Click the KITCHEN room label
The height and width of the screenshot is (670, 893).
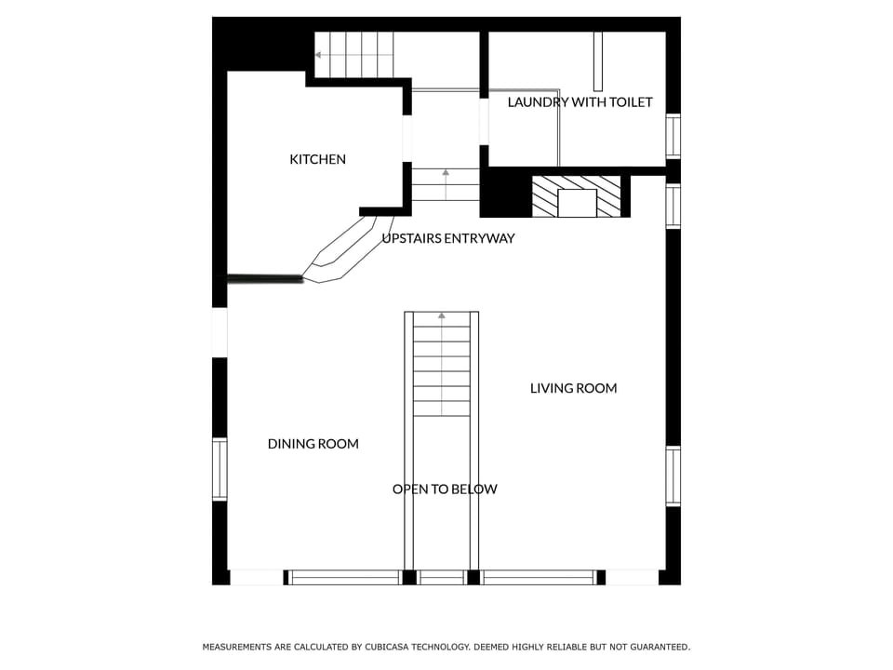[317, 159]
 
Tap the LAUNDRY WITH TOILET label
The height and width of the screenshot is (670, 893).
[580, 102]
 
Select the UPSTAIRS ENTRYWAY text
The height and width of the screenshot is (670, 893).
[447, 238]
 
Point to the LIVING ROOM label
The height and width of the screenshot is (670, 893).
[573, 388]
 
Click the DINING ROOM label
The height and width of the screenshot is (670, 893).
[313, 444]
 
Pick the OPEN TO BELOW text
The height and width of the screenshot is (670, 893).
[444, 489]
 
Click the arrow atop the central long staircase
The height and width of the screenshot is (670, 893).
[442, 316]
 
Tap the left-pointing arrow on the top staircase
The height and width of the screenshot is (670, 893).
[319, 54]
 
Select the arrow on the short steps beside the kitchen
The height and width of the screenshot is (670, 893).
[446, 172]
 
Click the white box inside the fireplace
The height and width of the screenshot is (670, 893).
[578, 203]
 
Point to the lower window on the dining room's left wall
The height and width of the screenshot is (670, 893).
[220, 469]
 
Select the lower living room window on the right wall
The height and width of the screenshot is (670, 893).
[673, 476]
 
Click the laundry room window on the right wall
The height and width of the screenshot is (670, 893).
[673, 136]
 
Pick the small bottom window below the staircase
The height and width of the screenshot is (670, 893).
[442, 578]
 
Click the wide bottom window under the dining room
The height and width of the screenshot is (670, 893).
[344, 578]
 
